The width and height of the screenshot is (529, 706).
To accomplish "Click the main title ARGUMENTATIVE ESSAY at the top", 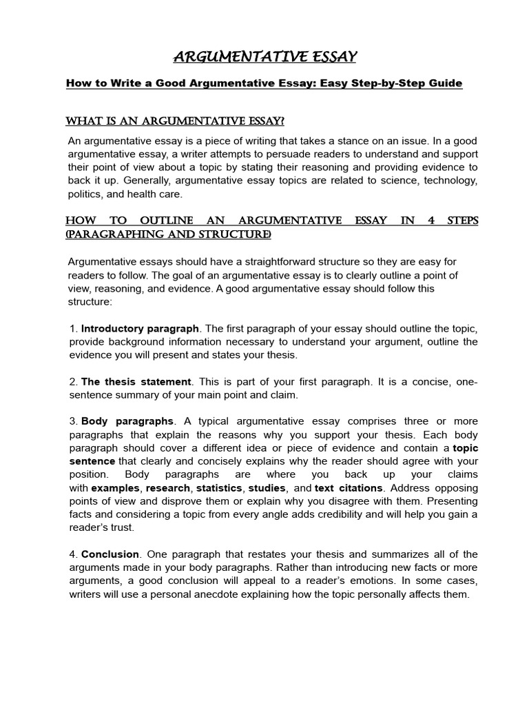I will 264,56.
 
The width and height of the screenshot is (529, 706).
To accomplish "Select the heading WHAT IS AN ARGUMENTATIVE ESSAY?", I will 175,121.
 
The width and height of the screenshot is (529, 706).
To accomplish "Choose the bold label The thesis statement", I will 136,381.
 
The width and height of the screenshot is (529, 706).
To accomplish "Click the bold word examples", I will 114,488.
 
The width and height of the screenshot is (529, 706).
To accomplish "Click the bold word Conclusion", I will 111,554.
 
